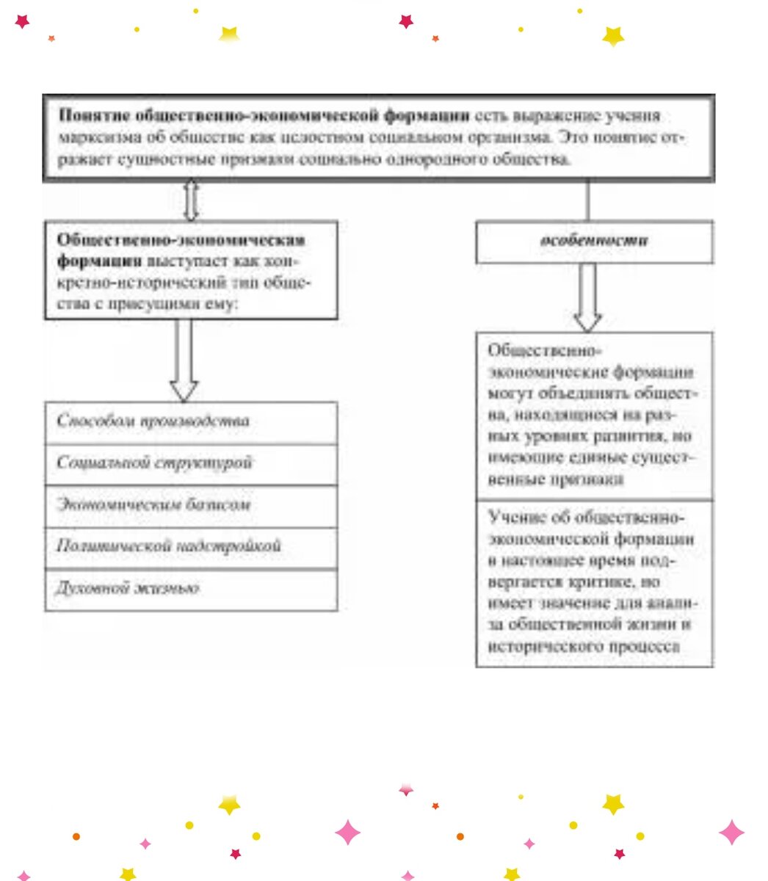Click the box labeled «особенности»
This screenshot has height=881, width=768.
pyautogui.click(x=594, y=242)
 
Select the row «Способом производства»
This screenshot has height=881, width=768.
pyautogui.click(x=191, y=422)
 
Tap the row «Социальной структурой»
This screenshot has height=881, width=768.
pyautogui.click(x=191, y=464)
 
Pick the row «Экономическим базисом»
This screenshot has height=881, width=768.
pyautogui.click(x=191, y=506)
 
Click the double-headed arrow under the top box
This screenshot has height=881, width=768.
pyautogui.click(x=191, y=200)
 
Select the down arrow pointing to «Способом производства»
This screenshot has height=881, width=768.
pyautogui.click(x=184, y=360)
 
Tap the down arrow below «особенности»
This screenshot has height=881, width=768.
pyautogui.click(x=587, y=297)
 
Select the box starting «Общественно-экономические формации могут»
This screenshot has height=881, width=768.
pyautogui.click(x=594, y=416)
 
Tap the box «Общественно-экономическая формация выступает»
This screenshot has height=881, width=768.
pyautogui.click(x=191, y=270)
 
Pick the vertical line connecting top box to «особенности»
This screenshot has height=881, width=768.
pyautogui.click(x=587, y=200)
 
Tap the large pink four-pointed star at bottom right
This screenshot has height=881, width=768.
pyautogui.click(x=731, y=833)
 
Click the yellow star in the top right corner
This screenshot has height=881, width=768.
pyautogui.click(x=613, y=35)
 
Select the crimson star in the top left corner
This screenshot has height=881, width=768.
pyautogui.click(x=23, y=21)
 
